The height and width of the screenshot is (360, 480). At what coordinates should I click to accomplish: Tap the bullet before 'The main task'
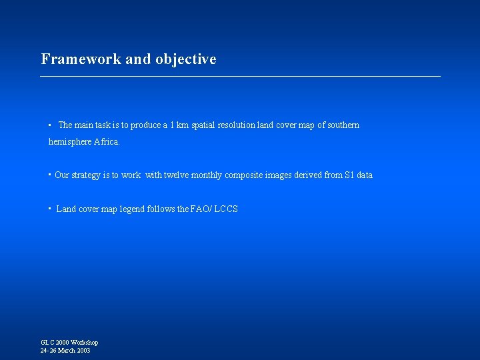click(x=50, y=125)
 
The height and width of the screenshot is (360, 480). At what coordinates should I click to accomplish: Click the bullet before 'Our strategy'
click(x=50, y=175)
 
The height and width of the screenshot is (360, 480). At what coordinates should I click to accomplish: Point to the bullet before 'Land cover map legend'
click(x=50, y=209)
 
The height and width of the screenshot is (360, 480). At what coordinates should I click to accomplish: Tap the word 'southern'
click(x=343, y=125)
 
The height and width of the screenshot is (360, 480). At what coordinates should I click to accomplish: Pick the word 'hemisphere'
click(x=70, y=142)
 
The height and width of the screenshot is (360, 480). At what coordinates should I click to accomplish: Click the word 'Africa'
click(x=106, y=142)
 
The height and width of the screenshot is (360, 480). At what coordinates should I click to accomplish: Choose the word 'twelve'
click(x=177, y=175)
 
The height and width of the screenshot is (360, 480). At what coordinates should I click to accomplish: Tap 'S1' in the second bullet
click(x=349, y=175)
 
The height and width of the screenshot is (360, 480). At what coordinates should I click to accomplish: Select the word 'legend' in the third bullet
click(x=133, y=209)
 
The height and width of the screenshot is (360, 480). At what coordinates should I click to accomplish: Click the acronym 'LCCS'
click(x=226, y=209)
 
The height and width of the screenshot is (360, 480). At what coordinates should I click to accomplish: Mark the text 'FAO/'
click(x=201, y=209)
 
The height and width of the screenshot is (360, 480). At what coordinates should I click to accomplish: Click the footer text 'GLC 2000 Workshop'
click(x=69, y=343)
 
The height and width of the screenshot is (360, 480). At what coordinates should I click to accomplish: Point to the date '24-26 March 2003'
click(x=65, y=351)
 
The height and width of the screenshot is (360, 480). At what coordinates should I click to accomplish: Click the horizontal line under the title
click(x=240, y=77)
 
